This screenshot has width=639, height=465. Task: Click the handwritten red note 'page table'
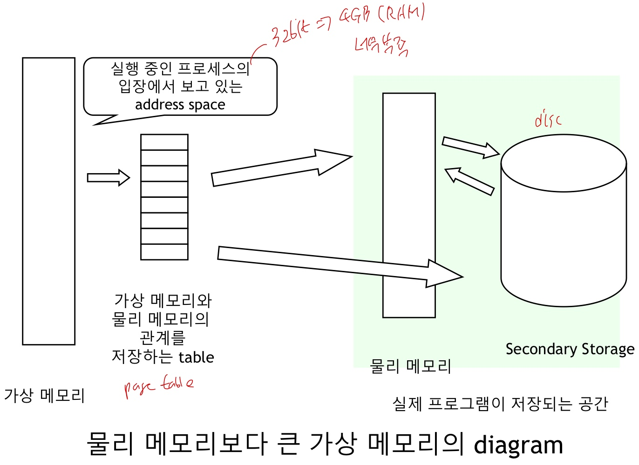pyautogui.click(x=158, y=386)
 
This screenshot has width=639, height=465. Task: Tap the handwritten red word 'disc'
pyautogui.click(x=548, y=120)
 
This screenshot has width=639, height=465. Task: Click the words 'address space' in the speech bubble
pyautogui.click(x=180, y=105)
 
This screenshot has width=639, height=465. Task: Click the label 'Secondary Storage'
pyautogui.click(x=570, y=349)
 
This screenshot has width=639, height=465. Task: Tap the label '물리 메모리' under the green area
pyautogui.click(x=410, y=366)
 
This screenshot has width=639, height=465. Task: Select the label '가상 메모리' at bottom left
pyautogui.click(x=44, y=396)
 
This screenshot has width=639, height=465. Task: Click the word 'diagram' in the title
pyautogui.click(x=518, y=445)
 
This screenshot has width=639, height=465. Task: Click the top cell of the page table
pyautogui.click(x=164, y=142)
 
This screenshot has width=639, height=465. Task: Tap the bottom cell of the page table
pyautogui.click(x=164, y=252)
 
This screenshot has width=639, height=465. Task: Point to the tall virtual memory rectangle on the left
pyautogui.click(x=49, y=201)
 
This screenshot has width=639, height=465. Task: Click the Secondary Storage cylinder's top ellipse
pyautogui.click(x=564, y=163)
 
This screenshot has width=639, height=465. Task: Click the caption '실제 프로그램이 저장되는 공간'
pyautogui.click(x=500, y=404)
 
